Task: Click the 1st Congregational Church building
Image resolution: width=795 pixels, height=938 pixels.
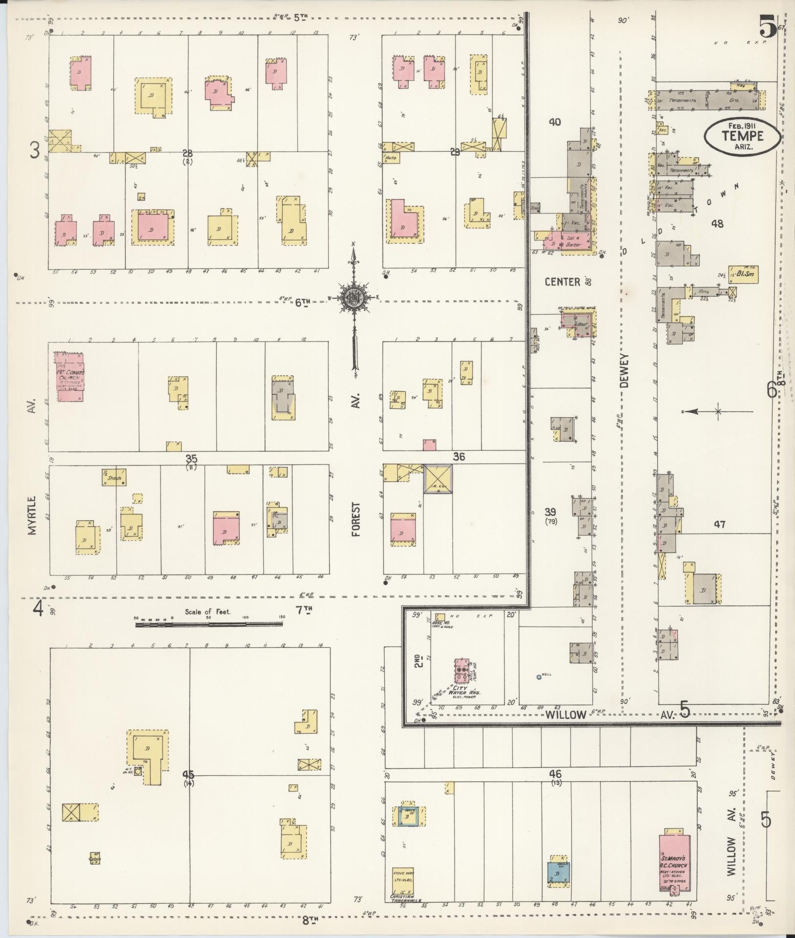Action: (70, 377)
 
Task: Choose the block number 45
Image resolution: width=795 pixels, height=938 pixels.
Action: (188, 774)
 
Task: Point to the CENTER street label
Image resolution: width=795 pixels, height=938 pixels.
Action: (563, 282)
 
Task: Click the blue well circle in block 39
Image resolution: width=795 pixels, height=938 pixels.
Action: (538, 677)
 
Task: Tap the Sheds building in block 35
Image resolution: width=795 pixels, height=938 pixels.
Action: (115, 477)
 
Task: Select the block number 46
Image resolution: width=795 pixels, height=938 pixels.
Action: (555, 774)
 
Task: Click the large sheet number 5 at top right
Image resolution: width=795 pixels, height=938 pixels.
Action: (768, 26)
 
